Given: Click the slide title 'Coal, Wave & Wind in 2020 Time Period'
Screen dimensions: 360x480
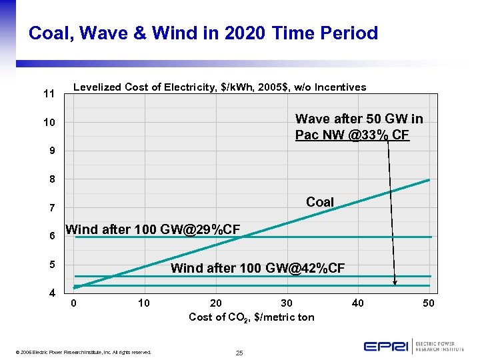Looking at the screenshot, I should pos(203,33).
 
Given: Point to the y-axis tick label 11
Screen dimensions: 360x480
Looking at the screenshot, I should pos(49,94).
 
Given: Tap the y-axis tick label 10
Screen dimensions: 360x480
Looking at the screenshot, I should pos(49,123).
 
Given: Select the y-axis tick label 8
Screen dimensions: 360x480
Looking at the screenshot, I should pos(51,180).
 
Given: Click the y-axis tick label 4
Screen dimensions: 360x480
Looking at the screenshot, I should pos(51,293).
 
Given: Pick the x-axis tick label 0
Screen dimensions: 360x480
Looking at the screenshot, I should pos(74,304).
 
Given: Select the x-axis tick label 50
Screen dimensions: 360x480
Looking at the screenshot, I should pos(429,304).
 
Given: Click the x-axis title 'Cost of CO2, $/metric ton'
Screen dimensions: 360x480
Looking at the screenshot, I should pos(251,317).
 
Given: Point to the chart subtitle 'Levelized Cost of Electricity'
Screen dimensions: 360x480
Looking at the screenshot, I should pos(219,87).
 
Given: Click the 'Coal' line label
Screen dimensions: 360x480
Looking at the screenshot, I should pos(320,202).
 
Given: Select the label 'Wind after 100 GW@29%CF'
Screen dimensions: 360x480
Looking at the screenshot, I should pos(153,230).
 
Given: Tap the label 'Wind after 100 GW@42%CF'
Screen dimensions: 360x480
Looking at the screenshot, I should pos(257,269).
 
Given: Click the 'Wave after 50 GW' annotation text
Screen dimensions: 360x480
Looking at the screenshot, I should pos(359,127).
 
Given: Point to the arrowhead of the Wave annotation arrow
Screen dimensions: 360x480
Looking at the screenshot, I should pos(395,283).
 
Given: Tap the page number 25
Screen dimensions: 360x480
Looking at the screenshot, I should pos(239,352).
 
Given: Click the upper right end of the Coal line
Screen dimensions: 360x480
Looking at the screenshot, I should pos(429,180).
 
